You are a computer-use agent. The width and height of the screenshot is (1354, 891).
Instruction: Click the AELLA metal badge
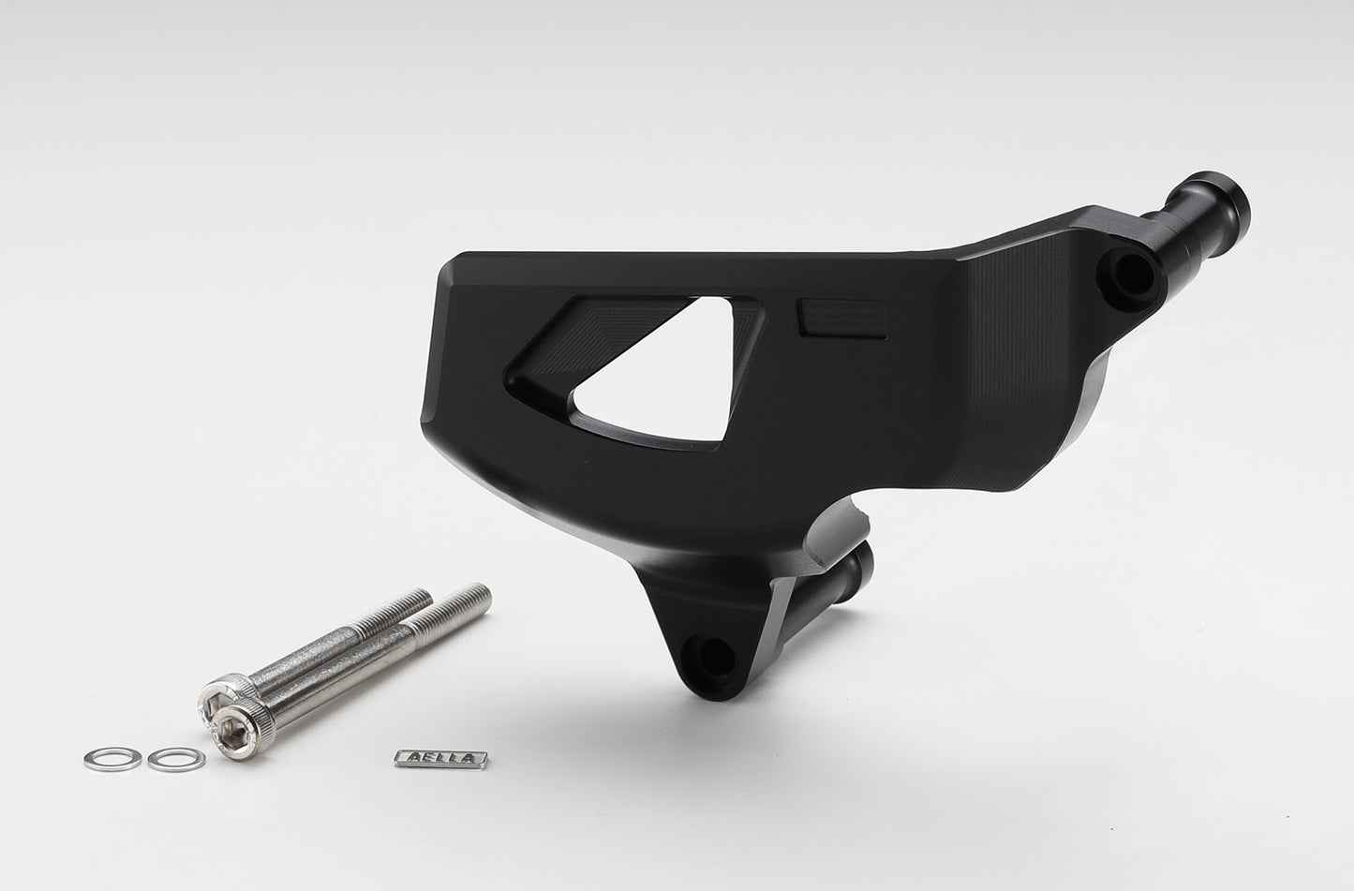pos(440,759)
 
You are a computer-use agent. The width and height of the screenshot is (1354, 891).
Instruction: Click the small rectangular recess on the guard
pos(842,317)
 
